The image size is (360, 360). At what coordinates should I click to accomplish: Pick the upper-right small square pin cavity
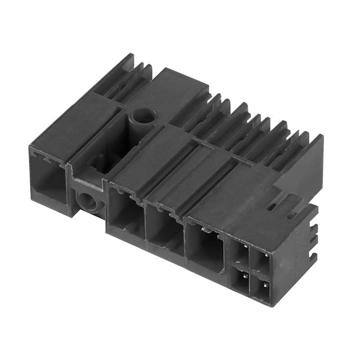(261, 259)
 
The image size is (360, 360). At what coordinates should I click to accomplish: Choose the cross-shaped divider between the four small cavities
(250, 269)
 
